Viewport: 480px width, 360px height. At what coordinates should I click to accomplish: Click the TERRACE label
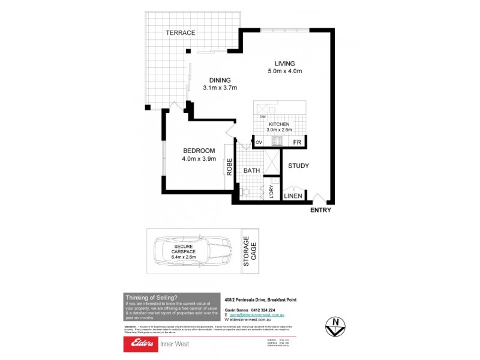tap(181, 33)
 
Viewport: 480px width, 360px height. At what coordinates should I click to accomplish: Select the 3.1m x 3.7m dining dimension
tap(220, 88)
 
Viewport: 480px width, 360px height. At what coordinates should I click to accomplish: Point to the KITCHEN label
tap(278, 124)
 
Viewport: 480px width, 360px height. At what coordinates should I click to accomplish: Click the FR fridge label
tap(296, 142)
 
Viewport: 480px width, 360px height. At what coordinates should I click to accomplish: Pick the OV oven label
tap(259, 142)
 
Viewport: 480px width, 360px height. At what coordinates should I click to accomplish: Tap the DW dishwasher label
tap(263, 117)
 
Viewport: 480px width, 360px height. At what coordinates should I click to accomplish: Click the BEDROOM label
tap(199, 151)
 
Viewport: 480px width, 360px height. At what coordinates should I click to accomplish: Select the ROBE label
tap(229, 166)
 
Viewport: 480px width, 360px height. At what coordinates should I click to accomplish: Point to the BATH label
tap(252, 170)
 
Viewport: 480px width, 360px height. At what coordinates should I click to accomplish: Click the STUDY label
tap(298, 166)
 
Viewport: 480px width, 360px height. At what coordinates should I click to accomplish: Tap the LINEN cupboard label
tap(293, 196)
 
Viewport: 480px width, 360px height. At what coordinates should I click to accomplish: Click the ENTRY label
tap(320, 211)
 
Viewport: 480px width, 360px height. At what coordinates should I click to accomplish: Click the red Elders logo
tap(140, 344)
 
